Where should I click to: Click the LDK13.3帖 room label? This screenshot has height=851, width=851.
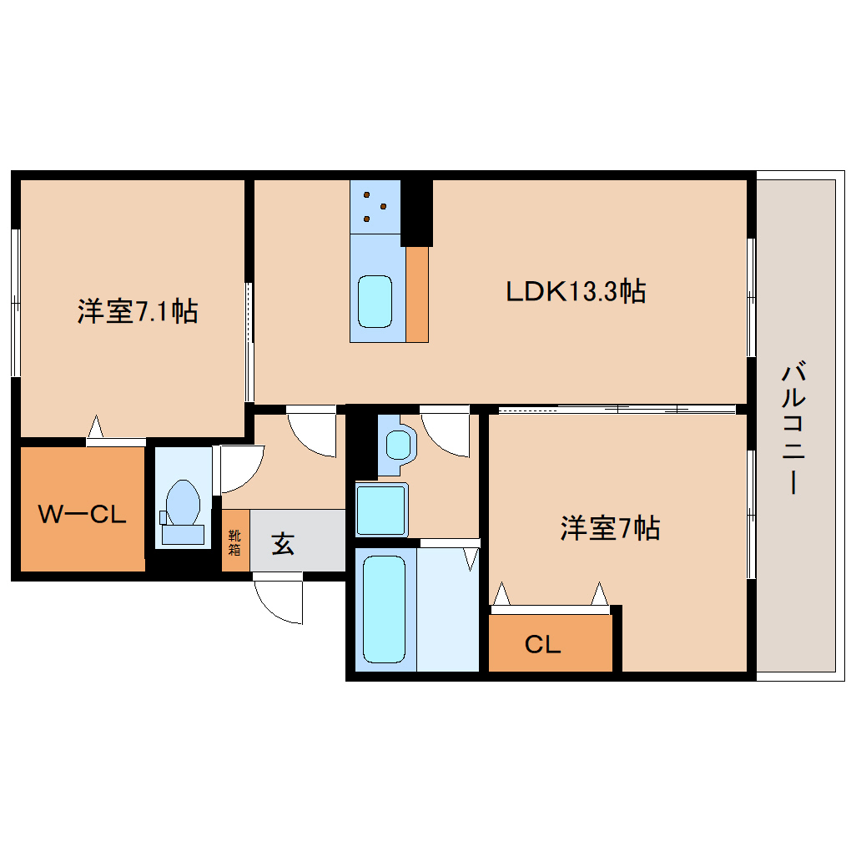point(576,291)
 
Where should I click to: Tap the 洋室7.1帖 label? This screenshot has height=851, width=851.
point(138,311)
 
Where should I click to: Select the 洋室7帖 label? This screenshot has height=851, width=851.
point(610,528)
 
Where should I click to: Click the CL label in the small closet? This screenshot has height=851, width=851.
point(542,644)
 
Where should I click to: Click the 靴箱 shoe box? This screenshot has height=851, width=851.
point(235,541)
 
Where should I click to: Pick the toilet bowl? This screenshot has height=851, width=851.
point(182,506)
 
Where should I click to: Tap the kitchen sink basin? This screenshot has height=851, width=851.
point(375,301)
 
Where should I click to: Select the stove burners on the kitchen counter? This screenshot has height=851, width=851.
point(375,206)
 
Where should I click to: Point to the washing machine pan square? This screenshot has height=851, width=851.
point(381,510)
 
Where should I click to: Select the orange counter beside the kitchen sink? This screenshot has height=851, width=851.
point(417,294)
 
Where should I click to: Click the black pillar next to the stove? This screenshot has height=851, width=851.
point(416,213)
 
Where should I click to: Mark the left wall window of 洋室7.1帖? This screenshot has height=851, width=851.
point(15,302)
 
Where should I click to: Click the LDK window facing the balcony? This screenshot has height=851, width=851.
point(751,297)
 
